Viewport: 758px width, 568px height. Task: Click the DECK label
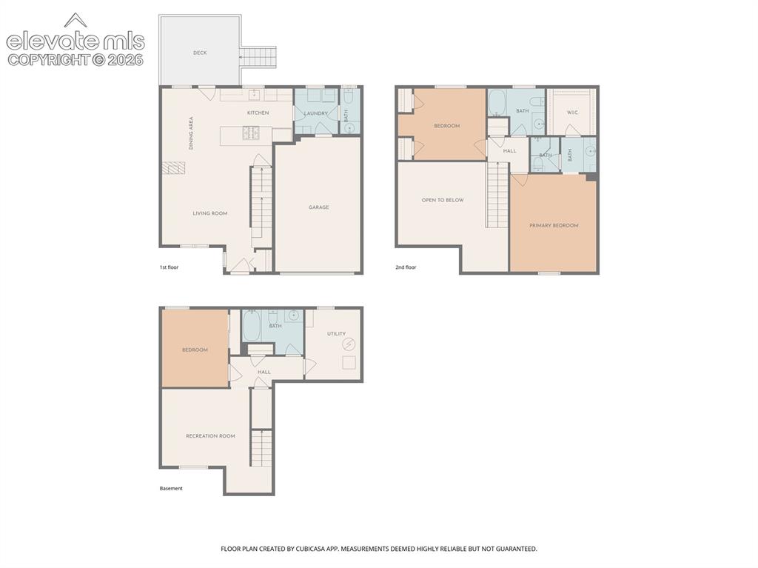(200, 53)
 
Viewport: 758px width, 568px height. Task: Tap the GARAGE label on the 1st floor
(318, 207)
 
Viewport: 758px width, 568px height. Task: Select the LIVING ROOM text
(209, 213)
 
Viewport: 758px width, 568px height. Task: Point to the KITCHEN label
(258, 113)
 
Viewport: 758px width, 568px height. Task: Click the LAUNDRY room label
(315, 113)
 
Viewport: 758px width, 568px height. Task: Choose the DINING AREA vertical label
(191, 133)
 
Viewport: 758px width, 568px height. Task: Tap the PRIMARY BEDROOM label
(554, 225)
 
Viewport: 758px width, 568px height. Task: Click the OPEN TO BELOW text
(443, 200)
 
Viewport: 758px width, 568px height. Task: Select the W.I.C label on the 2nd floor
(572, 113)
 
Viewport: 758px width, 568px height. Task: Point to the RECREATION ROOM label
(210, 436)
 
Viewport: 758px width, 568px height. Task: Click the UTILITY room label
(337, 334)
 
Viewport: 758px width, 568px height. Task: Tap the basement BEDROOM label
(195, 350)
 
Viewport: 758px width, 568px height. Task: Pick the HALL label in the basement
(264, 372)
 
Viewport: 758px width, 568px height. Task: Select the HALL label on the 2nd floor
(509, 151)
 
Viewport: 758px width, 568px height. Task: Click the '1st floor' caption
(170, 267)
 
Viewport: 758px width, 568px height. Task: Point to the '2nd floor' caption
(406, 267)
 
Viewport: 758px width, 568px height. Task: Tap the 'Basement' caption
(171, 489)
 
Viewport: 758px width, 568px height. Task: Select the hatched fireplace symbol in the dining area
(173, 167)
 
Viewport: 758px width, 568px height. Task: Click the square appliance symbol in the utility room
(349, 362)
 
